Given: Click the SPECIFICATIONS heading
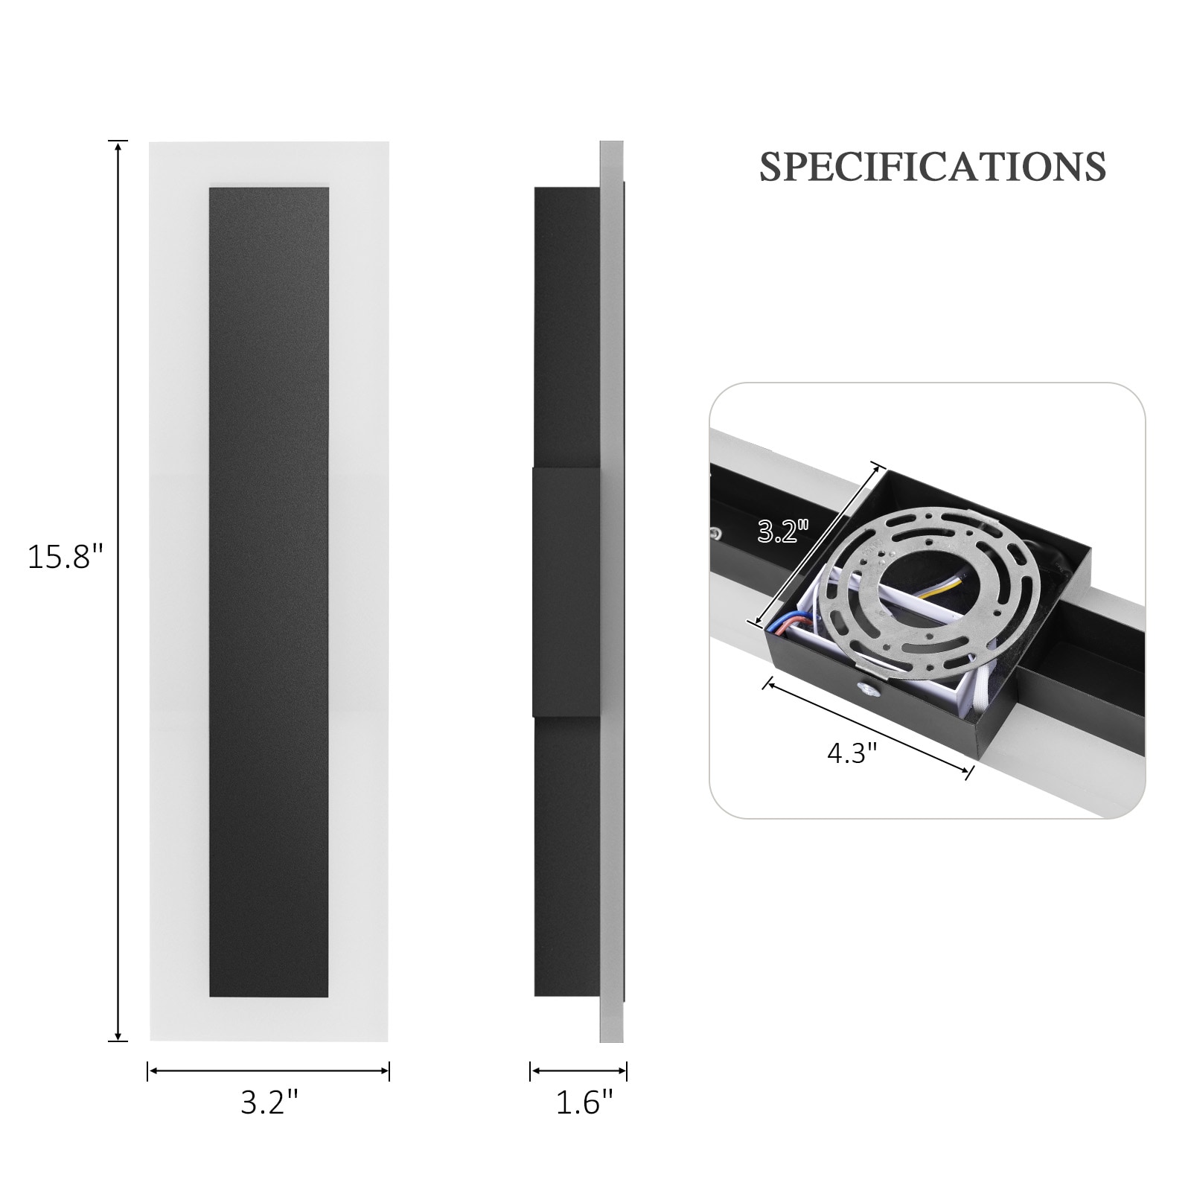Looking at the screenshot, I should pyautogui.click(x=932, y=167).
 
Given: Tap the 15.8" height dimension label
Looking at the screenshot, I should pyautogui.click(x=65, y=557).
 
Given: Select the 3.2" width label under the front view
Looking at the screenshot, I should pyautogui.click(x=269, y=1102).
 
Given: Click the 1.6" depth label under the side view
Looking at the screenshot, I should pyautogui.click(x=585, y=1102).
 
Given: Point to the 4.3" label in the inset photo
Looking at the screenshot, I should pyautogui.click(x=853, y=754).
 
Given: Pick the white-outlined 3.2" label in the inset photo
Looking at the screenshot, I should pyautogui.click(x=782, y=531).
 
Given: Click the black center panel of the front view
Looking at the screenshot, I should pyautogui.click(x=269, y=592).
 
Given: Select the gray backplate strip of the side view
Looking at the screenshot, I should pyautogui.click(x=611, y=592).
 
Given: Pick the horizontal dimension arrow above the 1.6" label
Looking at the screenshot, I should pyautogui.click(x=578, y=1072).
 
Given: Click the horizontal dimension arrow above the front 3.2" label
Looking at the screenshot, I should pyautogui.click(x=269, y=1072).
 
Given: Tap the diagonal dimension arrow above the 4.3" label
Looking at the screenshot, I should pyautogui.click(x=868, y=726).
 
